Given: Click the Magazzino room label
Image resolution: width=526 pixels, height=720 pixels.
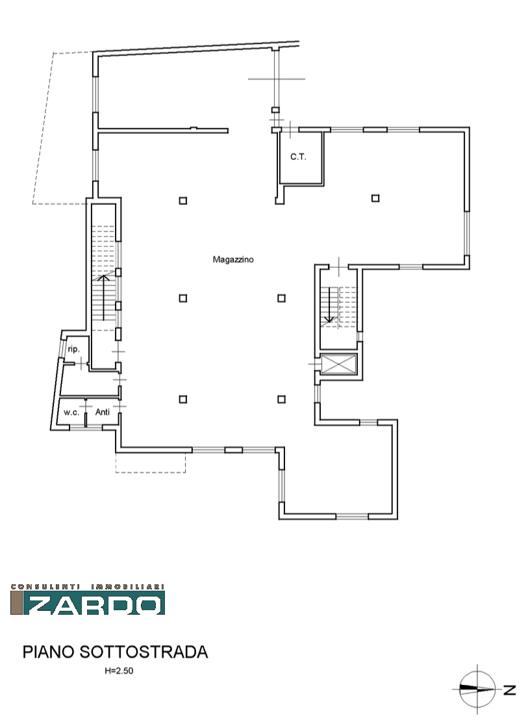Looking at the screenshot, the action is [232, 259].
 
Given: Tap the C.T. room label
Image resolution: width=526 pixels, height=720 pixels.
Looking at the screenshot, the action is [298, 157].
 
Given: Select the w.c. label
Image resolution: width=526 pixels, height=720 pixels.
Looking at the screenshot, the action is [71, 413].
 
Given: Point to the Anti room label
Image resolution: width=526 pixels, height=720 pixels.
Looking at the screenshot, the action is [103, 412].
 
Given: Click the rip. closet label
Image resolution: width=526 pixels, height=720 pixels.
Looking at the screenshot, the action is [73, 349].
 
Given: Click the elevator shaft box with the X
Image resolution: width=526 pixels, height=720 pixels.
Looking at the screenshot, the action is [339, 365].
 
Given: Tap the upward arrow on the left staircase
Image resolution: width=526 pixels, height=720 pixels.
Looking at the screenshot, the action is [104, 296].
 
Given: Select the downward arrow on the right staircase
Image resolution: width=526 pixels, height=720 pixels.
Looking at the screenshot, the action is [329, 305].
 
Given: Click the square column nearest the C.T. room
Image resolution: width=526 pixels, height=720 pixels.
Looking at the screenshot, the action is [183, 201].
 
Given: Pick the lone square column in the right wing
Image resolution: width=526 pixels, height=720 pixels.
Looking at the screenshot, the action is [375, 198].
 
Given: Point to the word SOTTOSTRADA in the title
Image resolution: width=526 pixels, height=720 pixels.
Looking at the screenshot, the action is [144, 652].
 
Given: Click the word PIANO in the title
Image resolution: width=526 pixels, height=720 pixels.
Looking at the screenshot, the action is [49, 652].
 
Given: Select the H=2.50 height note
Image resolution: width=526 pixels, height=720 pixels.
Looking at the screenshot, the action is [119, 671].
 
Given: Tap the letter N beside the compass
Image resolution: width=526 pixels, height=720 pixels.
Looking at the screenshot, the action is [510, 689].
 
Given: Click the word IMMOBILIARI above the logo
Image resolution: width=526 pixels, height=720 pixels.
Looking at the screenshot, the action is [128, 586].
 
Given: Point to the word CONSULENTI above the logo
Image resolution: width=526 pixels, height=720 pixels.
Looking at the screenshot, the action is [45, 586].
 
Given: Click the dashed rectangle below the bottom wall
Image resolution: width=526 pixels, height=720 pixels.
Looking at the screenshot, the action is [151, 472].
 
